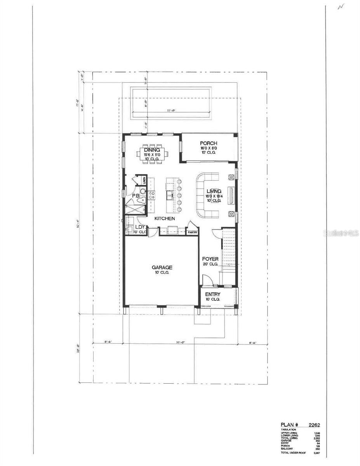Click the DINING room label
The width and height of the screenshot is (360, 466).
tap(152, 150)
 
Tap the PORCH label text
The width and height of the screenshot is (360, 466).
tap(208, 143)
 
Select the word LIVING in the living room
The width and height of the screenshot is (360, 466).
tap(214, 191)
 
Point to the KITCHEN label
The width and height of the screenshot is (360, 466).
tap(165, 219)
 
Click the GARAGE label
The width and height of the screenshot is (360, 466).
tap(162, 267)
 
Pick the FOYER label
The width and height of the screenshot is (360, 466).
tap(210, 259)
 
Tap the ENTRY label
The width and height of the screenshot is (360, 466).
tap(213, 294)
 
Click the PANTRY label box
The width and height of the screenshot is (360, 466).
tap(193, 232)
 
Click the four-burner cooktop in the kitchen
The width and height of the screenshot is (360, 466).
tap(151, 195)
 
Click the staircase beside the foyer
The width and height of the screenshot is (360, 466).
tap(229, 249)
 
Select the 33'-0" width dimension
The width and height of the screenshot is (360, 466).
tap(179, 343)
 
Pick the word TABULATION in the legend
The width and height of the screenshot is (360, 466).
tap(289, 429)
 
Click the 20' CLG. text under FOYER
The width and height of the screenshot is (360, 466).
tap(210, 264)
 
